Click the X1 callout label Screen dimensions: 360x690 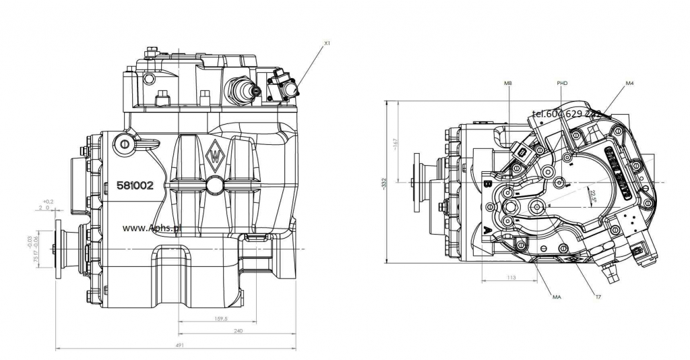(x=327, y=43)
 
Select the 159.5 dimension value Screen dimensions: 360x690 (x=220, y=318)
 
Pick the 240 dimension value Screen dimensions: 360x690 (x=237, y=331)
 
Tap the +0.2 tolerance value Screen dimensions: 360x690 (x=47, y=202)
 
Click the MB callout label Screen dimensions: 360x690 (x=507, y=83)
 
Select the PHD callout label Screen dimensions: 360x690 (x=563, y=83)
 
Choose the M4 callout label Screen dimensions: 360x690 (x=629, y=83)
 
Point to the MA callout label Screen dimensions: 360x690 (x=557, y=297)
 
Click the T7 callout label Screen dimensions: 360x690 (x=598, y=297)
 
